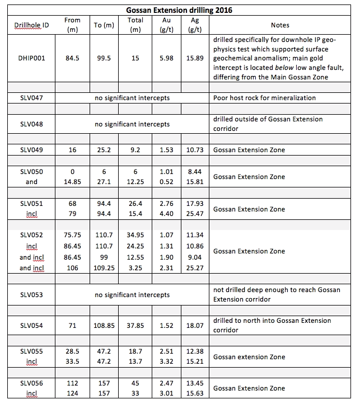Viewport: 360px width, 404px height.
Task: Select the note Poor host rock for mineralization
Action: pos(264,98)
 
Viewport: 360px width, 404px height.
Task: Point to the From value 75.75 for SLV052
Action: pos(73,236)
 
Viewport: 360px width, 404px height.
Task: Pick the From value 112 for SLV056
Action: pos(73,383)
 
